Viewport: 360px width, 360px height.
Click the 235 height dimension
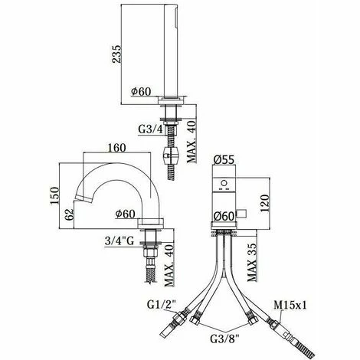[116, 54]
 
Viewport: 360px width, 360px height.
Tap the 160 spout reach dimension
[116, 148]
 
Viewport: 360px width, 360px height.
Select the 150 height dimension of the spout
[54, 195]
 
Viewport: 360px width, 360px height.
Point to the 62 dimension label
[69, 214]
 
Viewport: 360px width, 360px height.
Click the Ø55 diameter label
[224, 160]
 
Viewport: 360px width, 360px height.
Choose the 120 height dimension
[265, 204]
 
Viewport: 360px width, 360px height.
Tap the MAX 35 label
[251, 262]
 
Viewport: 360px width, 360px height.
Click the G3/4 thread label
[150, 129]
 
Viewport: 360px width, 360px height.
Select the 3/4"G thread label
[119, 241]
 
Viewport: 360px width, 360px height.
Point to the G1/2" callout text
[162, 304]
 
